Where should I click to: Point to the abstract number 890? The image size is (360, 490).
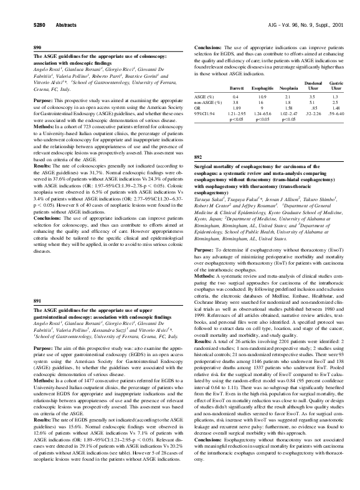[37, 47]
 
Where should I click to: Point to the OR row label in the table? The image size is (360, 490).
[198, 108]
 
